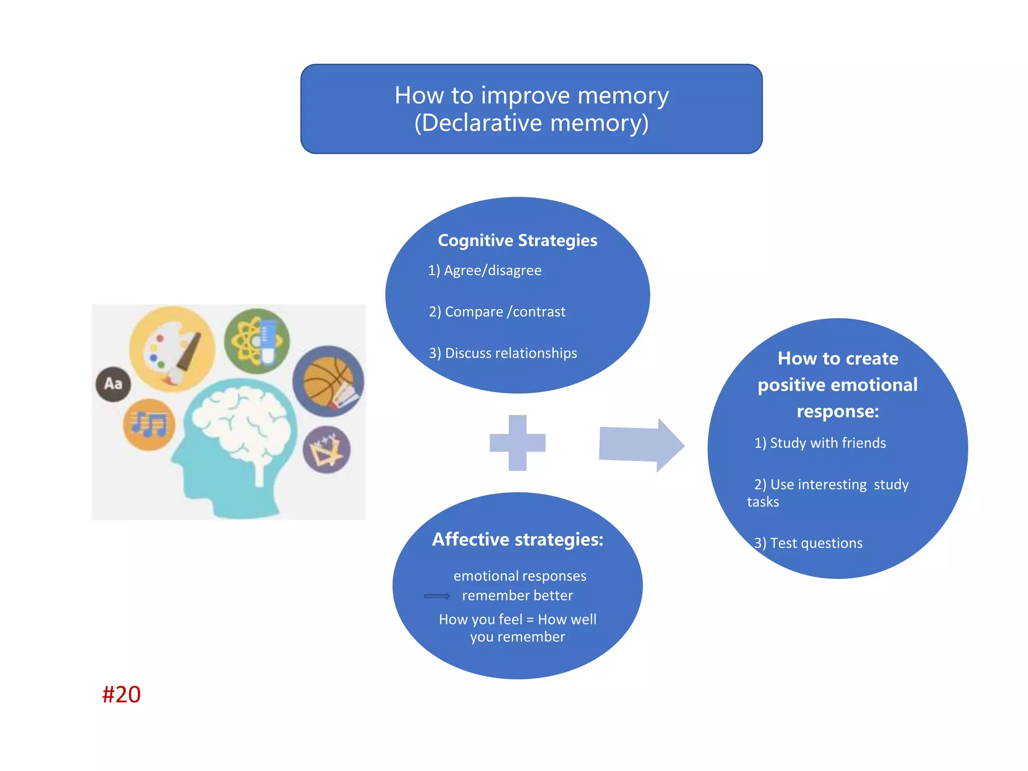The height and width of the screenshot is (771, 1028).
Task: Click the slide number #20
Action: tap(121, 695)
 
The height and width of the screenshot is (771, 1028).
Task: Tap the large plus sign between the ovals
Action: tap(517, 443)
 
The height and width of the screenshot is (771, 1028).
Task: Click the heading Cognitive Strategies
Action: tap(517, 240)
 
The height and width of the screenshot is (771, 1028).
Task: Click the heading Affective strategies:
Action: tap(517, 539)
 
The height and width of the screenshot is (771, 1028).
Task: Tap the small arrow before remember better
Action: tap(437, 596)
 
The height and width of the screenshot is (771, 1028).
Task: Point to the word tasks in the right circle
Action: tap(762, 502)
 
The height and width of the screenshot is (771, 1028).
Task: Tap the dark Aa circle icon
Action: tap(113, 384)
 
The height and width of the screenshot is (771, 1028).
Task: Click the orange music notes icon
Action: tap(149, 425)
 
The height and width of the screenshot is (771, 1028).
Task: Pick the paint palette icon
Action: tap(172, 348)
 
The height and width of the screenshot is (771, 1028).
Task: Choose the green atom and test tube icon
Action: tap(256, 341)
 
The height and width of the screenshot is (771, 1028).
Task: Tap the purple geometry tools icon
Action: tap(326, 450)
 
